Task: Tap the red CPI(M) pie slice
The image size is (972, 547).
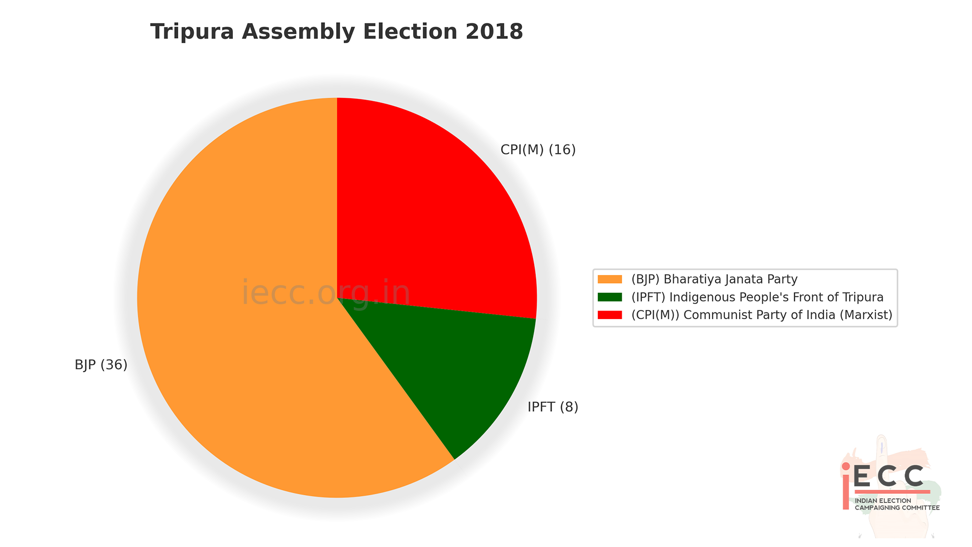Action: click(430, 213)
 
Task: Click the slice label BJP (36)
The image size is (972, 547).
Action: click(101, 365)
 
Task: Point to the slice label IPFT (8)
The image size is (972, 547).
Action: click(553, 407)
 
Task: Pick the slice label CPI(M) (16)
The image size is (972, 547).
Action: click(538, 150)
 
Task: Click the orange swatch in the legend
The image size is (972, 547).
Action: click(610, 279)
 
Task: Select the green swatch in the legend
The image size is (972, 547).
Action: click(610, 297)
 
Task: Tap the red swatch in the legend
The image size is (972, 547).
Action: click(610, 315)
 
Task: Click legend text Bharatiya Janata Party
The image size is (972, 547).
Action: click(730, 279)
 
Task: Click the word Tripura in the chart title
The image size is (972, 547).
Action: click(192, 31)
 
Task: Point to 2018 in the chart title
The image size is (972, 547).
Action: click(494, 31)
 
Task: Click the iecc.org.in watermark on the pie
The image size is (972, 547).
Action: click(326, 292)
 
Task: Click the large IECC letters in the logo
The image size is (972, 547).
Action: click(888, 476)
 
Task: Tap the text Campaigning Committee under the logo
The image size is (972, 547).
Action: click(897, 507)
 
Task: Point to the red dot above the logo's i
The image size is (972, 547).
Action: click(846, 466)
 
